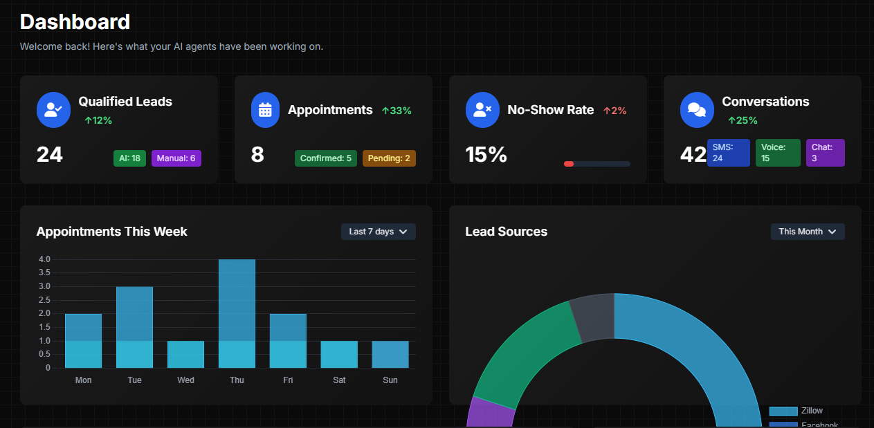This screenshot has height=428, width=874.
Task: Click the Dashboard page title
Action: click(x=75, y=22)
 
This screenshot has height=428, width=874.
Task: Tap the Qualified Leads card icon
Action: click(x=53, y=110)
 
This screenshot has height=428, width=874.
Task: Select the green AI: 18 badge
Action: click(x=129, y=158)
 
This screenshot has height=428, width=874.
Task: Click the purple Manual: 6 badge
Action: click(x=176, y=158)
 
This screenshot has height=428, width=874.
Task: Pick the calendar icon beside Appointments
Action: click(x=265, y=110)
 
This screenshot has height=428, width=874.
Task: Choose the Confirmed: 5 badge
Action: click(x=325, y=158)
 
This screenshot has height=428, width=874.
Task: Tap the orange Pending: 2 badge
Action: click(x=388, y=158)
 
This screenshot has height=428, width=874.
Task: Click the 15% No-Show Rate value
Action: click(x=486, y=155)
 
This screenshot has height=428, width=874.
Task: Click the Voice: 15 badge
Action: click(x=777, y=153)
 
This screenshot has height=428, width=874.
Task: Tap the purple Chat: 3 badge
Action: click(x=825, y=153)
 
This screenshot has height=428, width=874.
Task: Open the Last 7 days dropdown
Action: click(x=378, y=232)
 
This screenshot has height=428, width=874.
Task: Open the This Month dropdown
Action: click(x=808, y=232)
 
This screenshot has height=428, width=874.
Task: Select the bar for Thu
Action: click(x=237, y=313)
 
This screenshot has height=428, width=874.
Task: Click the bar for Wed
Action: click(x=185, y=354)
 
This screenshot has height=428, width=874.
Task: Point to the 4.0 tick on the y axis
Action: click(x=44, y=259)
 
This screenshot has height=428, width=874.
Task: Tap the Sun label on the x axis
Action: click(x=390, y=380)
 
